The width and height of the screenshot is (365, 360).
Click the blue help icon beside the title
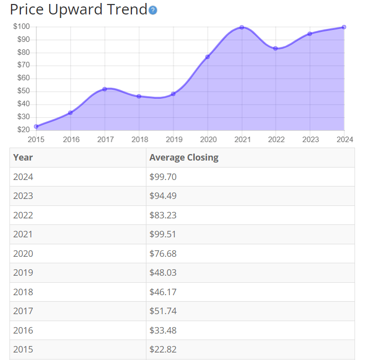coord(153,10)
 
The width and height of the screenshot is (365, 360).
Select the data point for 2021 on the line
coord(242,27)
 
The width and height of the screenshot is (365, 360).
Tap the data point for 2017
coord(105,89)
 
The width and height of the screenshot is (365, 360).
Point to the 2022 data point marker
coord(275,48)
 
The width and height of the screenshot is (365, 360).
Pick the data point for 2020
coord(207,57)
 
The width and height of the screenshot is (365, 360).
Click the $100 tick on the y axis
coord(21,26)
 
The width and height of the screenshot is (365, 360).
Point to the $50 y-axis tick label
coord(23,91)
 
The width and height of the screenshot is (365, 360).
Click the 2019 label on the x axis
coord(173,140)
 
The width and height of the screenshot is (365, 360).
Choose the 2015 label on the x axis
coord(36,140)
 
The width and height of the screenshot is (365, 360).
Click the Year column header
coord(23,158)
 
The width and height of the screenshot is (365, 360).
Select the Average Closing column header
coord(184,158)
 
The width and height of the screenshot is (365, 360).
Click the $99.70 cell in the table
coord(163,177)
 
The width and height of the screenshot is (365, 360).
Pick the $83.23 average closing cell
coord(163,215)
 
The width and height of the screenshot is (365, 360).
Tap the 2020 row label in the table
coord(23,254)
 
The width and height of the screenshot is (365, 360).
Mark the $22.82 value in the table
coord(163,350)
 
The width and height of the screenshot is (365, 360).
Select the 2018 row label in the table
coord(23,292)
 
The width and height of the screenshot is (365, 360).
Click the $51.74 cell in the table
coord(163,311)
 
